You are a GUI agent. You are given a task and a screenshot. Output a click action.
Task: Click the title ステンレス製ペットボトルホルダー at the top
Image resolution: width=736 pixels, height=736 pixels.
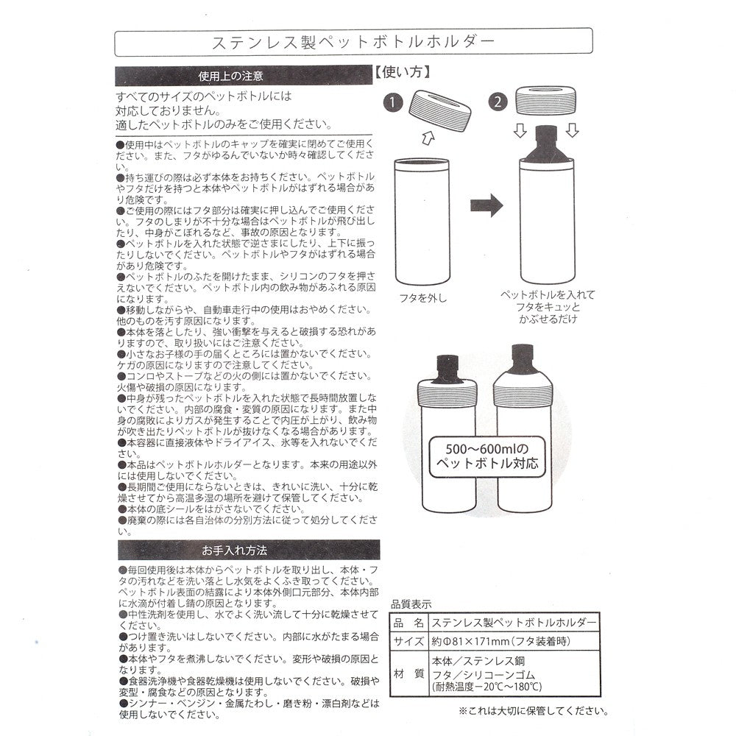pos(353,42)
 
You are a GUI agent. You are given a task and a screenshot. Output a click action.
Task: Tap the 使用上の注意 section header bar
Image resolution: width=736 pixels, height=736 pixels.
pos(243,76)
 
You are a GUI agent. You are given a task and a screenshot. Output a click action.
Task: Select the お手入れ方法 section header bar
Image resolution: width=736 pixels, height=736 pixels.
pos(248,550)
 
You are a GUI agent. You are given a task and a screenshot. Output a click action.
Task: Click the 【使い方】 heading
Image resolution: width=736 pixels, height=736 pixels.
pos(403,72)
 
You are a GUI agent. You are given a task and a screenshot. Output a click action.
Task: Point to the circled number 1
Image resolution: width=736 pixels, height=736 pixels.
pos(393,102)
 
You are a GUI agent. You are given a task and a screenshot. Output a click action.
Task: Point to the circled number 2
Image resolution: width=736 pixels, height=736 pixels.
pos(498,102)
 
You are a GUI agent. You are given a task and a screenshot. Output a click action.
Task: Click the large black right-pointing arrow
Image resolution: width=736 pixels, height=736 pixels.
pos(486,205)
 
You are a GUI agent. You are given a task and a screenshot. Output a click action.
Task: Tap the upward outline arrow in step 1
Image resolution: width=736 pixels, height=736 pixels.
pos(428,138)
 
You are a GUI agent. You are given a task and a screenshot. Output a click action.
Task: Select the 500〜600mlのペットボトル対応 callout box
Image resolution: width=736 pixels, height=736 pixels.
pos(487,456)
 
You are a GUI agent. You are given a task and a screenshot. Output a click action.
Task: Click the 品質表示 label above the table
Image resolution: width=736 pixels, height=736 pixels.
pos(411,604)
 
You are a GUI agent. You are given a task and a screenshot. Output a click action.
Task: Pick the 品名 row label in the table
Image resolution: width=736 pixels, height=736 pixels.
pos(408,623)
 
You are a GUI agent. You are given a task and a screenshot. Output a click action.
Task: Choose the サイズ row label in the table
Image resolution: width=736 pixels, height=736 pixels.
pos(408,641)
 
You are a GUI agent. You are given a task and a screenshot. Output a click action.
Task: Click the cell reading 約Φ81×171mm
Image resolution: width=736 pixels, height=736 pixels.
pos(500,641)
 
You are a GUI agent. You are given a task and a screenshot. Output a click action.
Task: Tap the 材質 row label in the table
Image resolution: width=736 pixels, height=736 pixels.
pos(408,673)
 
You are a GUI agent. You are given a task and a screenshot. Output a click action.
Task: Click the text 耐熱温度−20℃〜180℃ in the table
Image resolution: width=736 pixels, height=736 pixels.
pos(486,687)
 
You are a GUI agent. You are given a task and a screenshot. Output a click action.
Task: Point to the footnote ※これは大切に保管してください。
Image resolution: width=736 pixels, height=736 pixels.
pos(533,711)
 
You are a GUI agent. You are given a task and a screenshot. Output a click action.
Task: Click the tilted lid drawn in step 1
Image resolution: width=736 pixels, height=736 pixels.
pos(440,111)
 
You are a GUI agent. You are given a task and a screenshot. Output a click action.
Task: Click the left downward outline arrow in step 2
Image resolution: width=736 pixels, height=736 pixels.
pos(520,130)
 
